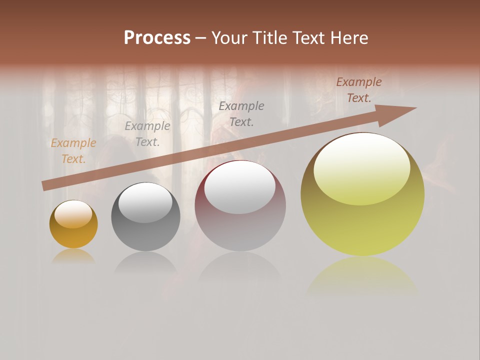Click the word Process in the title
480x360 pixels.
[157, 38]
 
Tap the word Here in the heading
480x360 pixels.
[348, 38]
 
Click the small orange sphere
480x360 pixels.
[73, 225]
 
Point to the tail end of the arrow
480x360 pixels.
[45, 185]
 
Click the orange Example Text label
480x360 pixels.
[73, 151]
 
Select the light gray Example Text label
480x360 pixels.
[147, 134]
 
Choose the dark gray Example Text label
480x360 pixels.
[241, 113]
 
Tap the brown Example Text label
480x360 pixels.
[359, 90]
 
